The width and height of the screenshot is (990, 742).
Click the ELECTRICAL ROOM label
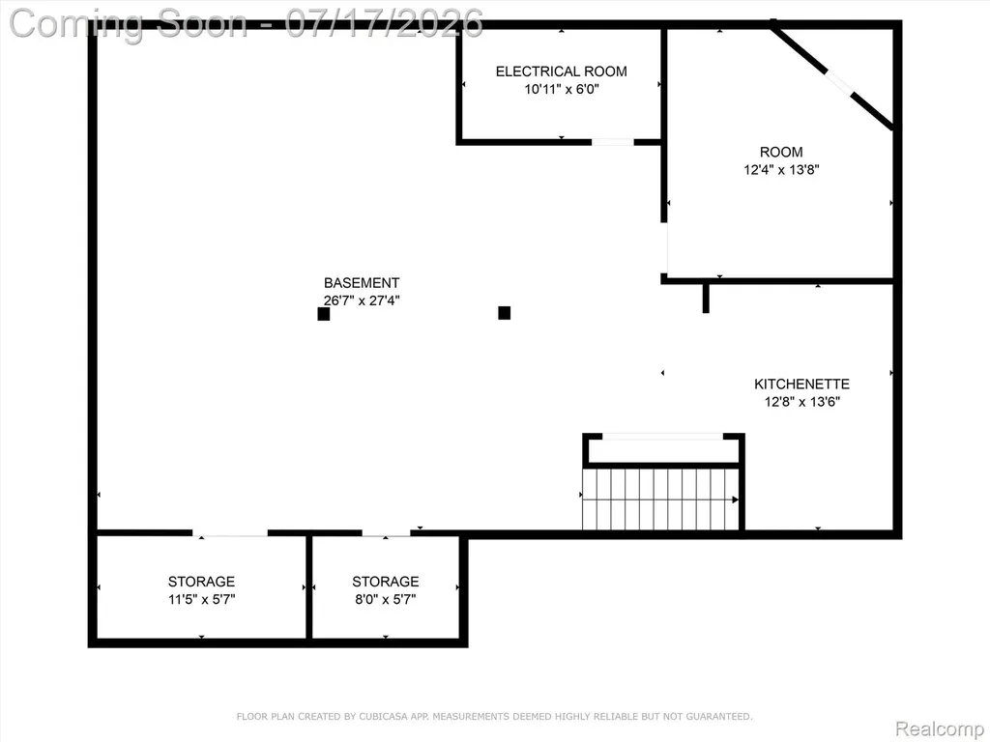562,71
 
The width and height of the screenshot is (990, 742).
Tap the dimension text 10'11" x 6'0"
562,89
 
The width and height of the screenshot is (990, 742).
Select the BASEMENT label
362,283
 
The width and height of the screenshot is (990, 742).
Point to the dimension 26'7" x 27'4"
362,300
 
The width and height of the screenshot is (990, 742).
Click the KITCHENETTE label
801,384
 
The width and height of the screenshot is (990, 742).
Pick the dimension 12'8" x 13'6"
801,401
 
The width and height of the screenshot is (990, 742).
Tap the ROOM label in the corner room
781,152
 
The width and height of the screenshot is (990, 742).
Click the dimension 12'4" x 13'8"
781,170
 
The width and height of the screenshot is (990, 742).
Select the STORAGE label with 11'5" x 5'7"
201,581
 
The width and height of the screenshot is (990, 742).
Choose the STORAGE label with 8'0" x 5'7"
385,581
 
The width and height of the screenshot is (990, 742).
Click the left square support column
324,314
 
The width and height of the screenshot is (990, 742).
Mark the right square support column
505,312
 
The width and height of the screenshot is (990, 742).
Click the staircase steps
660,499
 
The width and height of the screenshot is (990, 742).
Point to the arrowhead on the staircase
735,499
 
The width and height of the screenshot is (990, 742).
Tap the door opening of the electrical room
612,142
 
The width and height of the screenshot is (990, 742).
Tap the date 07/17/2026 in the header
384,23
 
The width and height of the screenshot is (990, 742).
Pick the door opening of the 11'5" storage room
230,533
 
